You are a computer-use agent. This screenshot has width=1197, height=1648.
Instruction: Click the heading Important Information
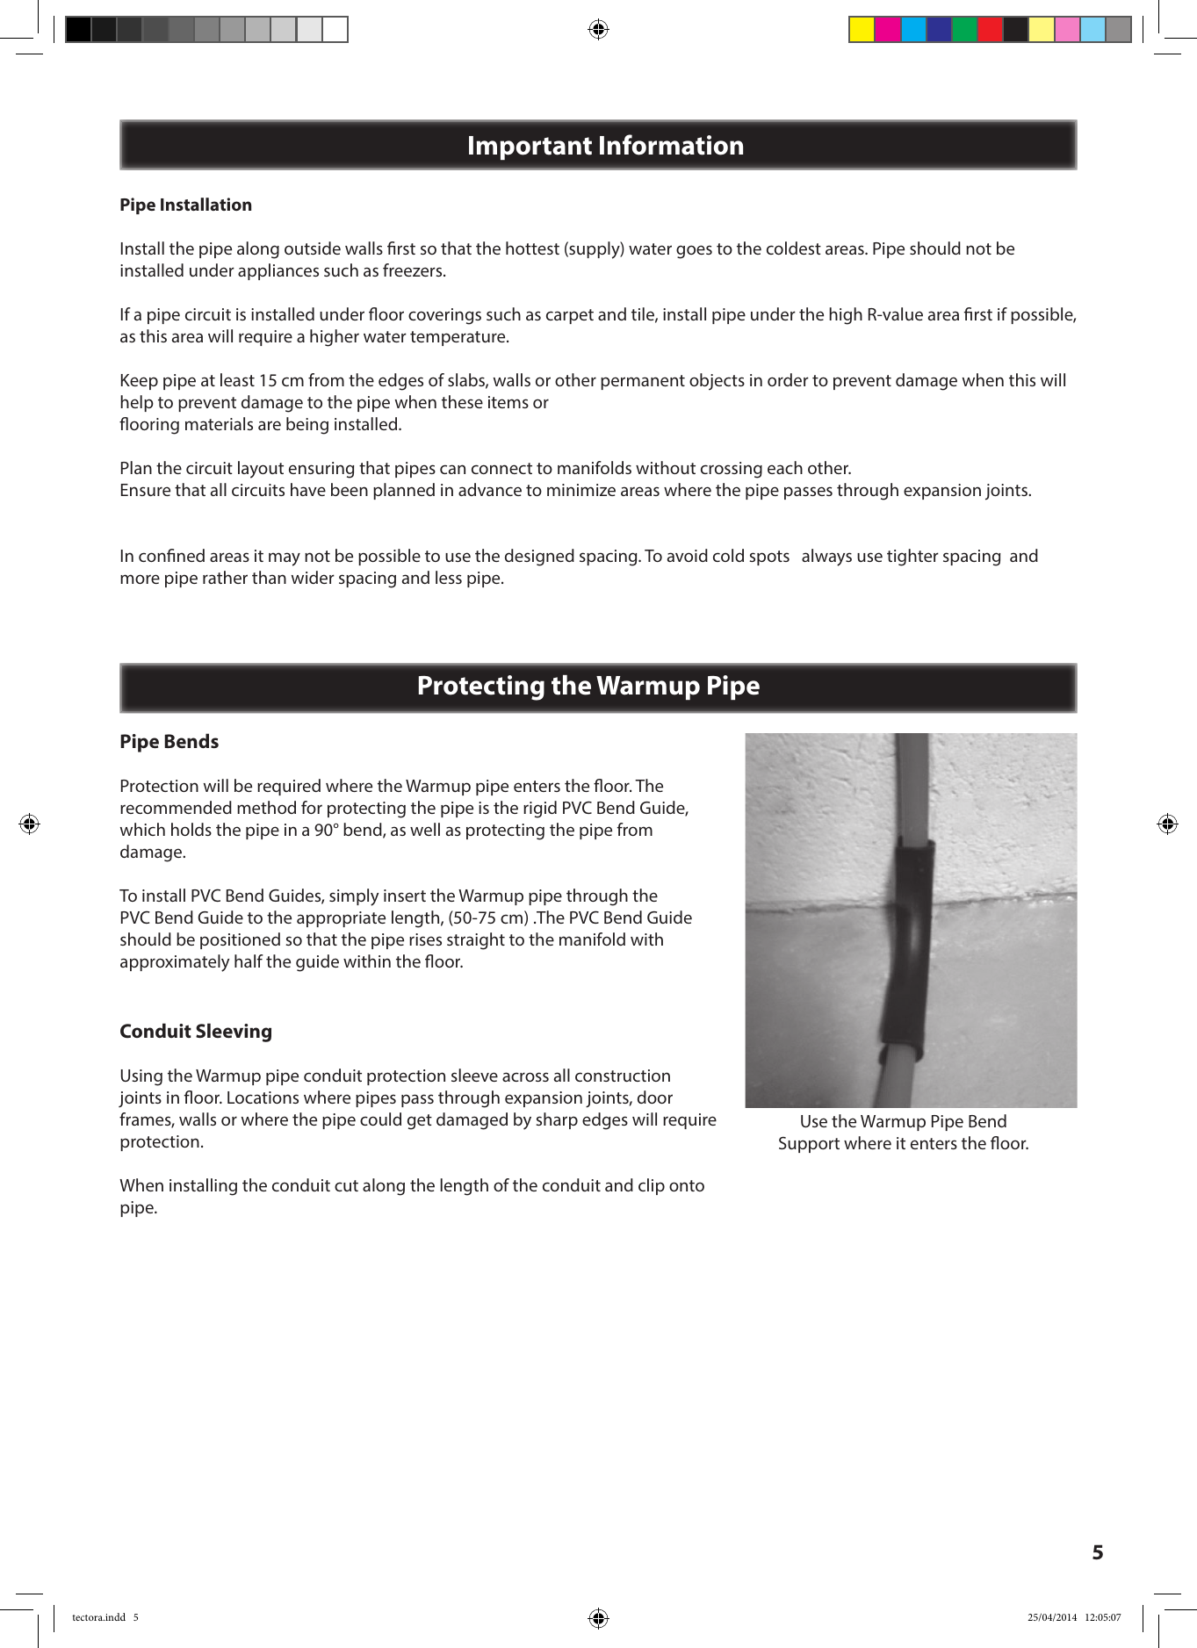[x=605, y=146]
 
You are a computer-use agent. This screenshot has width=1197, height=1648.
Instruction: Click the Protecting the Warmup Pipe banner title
[x=588, y=686]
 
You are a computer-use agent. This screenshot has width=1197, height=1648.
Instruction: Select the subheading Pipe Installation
[x=185, y=205]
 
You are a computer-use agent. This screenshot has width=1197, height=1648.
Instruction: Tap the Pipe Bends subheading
[x=169, y=742]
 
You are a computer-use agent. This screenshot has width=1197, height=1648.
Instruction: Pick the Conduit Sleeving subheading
[x=195, y=1032]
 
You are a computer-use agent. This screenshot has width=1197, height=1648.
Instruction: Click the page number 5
[x=1097, y=1552]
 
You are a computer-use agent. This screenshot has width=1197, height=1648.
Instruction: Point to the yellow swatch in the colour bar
[x=862, y=30]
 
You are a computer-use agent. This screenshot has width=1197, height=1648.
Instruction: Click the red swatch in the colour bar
[x=989, y=30]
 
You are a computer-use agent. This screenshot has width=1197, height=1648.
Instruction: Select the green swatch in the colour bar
[x=964, y=30]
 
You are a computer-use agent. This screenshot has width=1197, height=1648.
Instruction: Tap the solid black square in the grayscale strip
[x=78, y=30]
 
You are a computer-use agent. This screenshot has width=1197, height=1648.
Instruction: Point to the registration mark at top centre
[x=598, y=30]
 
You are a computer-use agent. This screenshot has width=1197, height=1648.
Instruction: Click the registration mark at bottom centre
[x=598, y=1617]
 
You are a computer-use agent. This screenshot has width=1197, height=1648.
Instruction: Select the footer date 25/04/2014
[x=1051, y=1617]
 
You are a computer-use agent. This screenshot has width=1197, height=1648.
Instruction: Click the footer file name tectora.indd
[x=98, y=1617]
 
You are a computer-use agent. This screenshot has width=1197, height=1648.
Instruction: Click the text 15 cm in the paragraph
[x=280, y=381]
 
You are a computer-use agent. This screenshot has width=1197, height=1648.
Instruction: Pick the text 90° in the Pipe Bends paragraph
[x=326, y=831]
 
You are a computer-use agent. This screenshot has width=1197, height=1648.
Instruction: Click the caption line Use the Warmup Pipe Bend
[x=903, y=1122]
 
